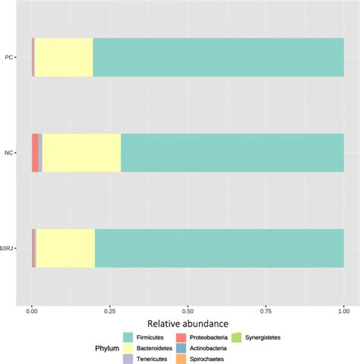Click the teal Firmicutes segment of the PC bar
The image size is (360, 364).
point(218,57)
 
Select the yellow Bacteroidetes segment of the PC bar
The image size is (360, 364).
point(64,57)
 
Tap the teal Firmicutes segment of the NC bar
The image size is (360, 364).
point(232,152)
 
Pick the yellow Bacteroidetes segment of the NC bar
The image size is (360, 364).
point(81,152)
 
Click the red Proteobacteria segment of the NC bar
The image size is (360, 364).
point(35,152)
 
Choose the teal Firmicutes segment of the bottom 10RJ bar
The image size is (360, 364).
point(219,248)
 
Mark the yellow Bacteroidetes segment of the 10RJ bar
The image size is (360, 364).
point(65,248)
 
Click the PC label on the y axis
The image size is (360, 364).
point(8,57)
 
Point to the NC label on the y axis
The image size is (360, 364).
point(8,152)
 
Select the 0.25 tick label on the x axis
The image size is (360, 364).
point(110,310)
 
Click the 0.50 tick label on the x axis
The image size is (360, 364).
point(188,310)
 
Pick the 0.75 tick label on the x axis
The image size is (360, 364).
point(266,310)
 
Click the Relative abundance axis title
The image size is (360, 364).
point(188,324)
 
